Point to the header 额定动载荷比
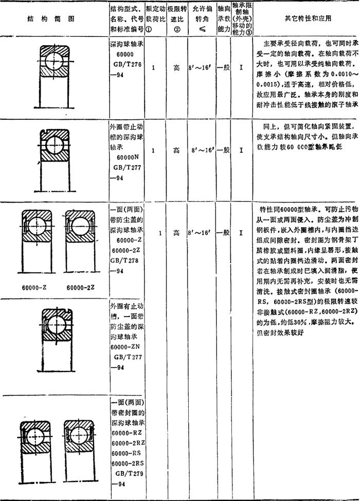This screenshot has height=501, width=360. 155,18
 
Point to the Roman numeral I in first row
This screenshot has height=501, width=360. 241,67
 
